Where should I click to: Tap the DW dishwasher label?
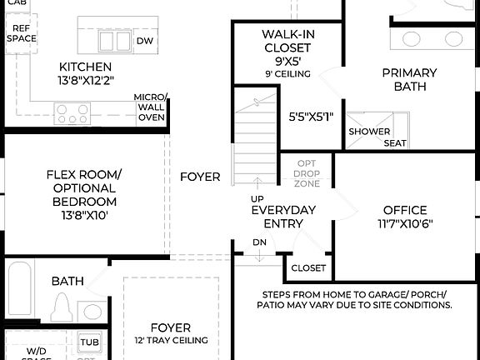144,40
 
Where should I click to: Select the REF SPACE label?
21,33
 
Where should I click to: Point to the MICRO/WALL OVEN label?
151,107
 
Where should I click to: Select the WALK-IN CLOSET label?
288,41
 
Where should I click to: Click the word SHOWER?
369,132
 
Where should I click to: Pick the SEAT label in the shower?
395,143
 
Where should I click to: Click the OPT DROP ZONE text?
306,173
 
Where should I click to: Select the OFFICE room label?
405,210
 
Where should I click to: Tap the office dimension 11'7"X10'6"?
405,223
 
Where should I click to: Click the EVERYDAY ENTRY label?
283,217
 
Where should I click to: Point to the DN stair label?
259,243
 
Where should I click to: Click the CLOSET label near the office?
308,268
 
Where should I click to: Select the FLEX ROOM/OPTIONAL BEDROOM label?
84,187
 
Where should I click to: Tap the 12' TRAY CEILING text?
171,340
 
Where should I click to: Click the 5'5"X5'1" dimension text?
311,117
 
